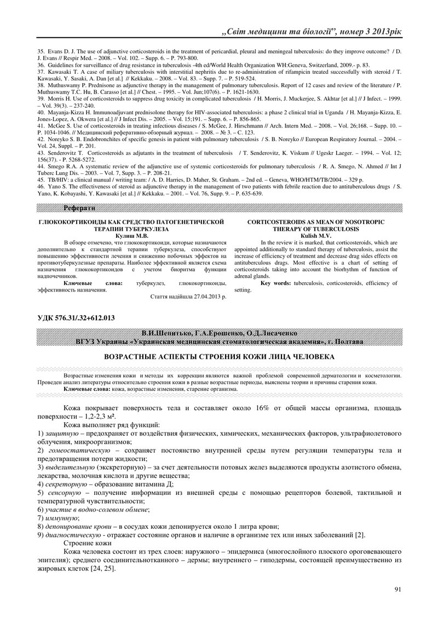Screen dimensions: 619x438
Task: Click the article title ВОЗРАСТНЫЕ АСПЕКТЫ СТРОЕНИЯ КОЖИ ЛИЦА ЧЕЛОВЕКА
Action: [219, 357]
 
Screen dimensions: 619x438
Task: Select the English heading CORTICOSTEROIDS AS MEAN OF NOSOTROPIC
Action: [315, 222]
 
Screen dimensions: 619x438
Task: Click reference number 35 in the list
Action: [41, 50]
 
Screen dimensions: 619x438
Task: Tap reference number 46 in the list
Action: [41, 187]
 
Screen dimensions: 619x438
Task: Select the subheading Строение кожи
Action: [88, 543]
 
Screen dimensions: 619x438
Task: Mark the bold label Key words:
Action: [276, 283]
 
